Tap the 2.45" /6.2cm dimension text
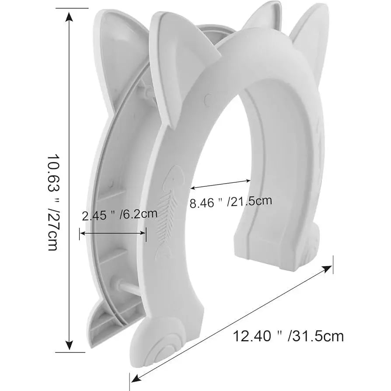pos(120,214)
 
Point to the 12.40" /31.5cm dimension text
pos(288,336)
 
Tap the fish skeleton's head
pos(175,175)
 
